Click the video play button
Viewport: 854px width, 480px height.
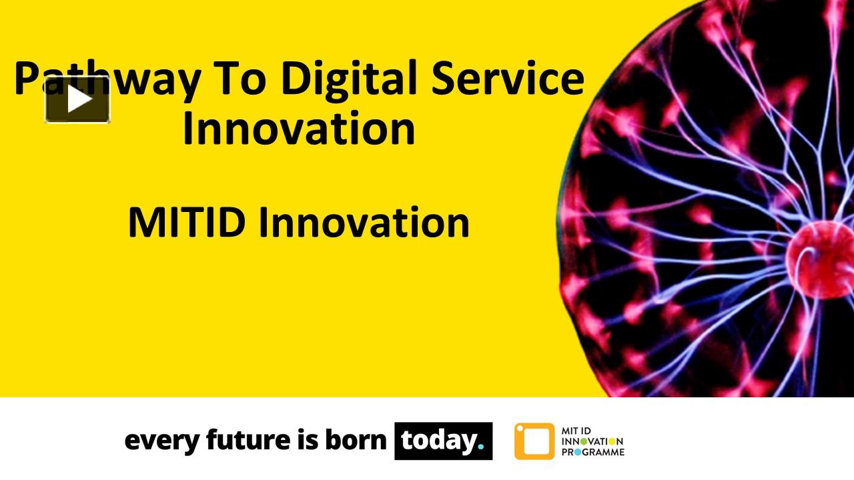(x=77, y=100)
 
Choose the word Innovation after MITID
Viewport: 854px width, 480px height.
(x=364, y=223)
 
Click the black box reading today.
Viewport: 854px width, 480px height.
(x=443, y=441)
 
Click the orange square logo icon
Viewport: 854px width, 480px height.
(x=534, y=441)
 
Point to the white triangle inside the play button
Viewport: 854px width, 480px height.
(x=79, y=100)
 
